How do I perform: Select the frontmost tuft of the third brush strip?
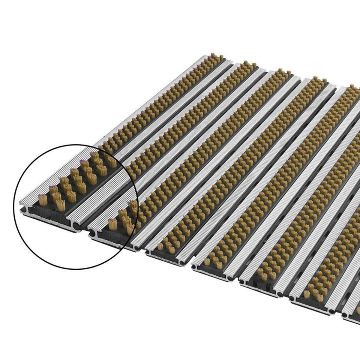tap(160, 247)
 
